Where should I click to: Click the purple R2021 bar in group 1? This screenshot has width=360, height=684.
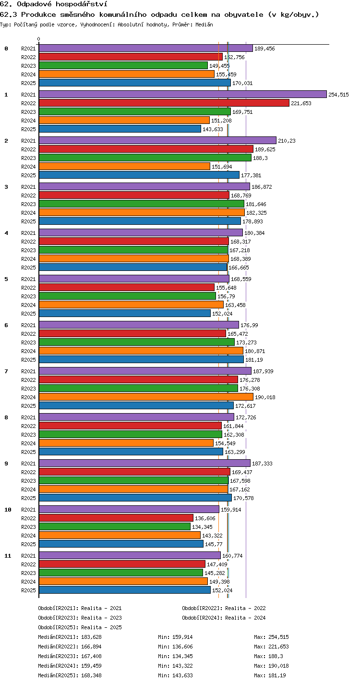point(183,94)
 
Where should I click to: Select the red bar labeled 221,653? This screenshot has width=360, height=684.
point(164,103)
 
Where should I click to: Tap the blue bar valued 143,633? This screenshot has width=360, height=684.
point(120,129)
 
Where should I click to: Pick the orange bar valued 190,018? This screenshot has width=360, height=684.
point(146,397)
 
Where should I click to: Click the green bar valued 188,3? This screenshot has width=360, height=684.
point(145,158)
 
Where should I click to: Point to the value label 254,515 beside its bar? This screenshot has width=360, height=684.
point(338,95)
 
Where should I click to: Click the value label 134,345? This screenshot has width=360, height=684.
point(202,527)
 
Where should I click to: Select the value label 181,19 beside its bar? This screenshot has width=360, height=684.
point(254,360)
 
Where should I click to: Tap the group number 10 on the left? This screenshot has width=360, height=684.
point(8,509)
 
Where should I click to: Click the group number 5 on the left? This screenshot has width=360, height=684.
point(6,279)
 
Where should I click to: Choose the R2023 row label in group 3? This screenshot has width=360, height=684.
point(28,204)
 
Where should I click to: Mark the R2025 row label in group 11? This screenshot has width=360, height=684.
point(28,590)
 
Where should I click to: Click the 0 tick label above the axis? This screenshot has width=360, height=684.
point(39,39)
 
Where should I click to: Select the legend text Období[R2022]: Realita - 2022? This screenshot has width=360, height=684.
point(224,608)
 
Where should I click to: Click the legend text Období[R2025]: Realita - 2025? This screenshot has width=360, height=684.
point(80,627)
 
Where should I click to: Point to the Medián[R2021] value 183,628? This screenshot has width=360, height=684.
point(91,637)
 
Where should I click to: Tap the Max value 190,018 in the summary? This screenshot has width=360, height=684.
point(278,666)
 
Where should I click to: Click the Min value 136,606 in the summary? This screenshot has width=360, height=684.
point(182,647)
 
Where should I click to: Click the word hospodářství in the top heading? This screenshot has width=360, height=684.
point(82,4)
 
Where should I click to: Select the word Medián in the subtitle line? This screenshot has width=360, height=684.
point(204,24)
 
